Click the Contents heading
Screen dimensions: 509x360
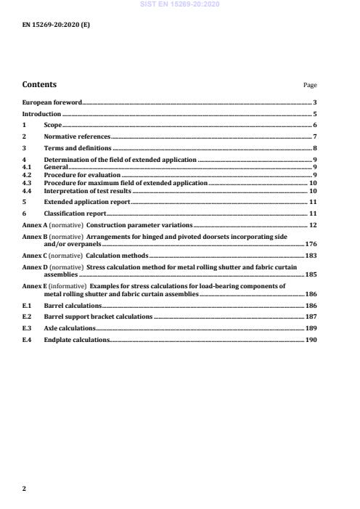tap(39, 85)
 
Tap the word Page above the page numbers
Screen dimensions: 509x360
tap(310, 86)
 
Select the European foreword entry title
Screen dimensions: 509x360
tap(52, 103)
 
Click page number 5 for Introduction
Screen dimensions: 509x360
tap(315, 114)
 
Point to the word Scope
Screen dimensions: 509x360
tap(53, 126)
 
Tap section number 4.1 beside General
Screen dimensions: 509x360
tap(28, 167)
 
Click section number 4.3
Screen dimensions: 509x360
tap(28, 183)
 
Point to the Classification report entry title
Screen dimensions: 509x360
tap(75, 213)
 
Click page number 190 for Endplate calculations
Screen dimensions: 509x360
tap(310, 340)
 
